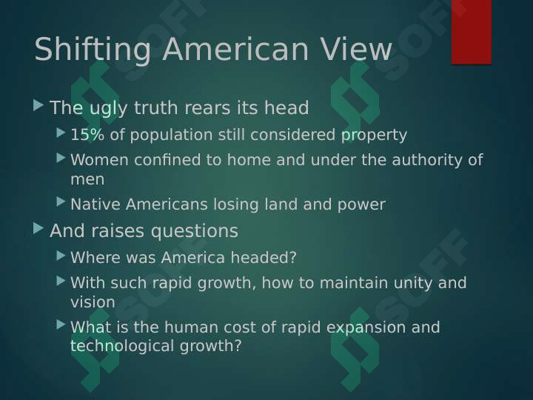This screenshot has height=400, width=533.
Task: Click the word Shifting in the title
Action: (93, 50)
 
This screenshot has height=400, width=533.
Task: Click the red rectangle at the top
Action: (472, 32)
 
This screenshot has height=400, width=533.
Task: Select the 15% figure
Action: (87, 134)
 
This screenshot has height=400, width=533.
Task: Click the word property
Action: (374, 136)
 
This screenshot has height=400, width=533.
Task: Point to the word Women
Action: (100, 160)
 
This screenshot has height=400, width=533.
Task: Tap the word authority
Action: (427, 161)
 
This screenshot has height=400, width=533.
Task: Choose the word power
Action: (361, 205)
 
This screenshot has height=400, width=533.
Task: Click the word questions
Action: (195, 232)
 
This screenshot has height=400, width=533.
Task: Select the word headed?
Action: (264, 258)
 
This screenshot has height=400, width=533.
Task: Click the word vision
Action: (93, 302)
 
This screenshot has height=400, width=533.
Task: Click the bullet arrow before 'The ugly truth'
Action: (38, 105)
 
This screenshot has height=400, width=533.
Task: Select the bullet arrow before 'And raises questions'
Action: (38, 228)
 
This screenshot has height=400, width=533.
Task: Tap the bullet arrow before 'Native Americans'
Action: (61, 201)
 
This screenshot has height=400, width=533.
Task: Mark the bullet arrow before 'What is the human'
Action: (61, 325)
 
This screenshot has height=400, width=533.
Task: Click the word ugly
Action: (109, 108)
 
